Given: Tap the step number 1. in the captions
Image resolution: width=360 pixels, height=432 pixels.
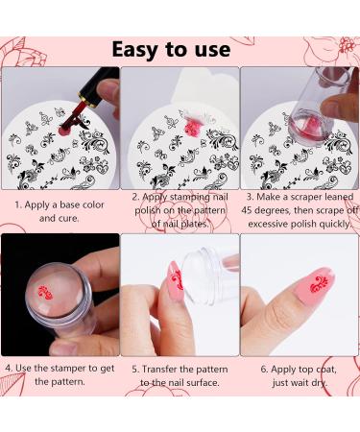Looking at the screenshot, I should pyautogui.click(x=19, y=204).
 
